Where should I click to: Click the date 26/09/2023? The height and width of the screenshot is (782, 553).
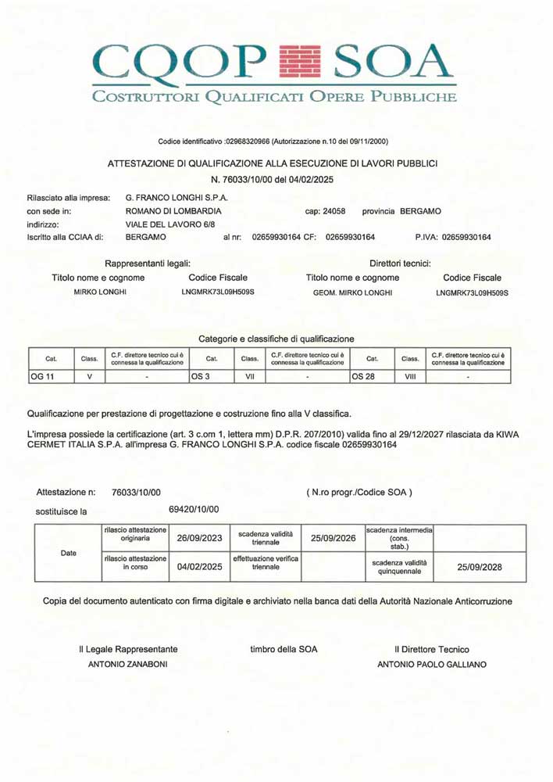point(200,538)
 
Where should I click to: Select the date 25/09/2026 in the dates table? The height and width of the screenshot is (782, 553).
point(333,538)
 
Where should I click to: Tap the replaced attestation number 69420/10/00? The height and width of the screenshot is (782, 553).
point(194,509)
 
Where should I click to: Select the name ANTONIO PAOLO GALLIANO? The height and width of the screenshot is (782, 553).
point(431,665)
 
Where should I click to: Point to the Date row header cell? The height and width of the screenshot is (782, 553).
point(69,551)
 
